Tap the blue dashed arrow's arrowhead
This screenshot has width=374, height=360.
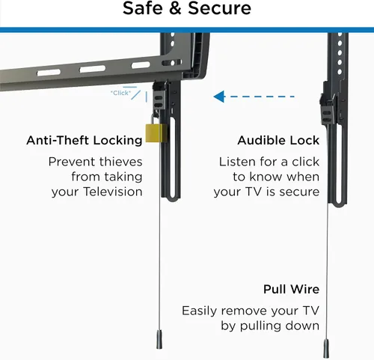point(220,97)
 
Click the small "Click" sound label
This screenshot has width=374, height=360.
point(120,93)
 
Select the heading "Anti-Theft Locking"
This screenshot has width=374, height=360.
point(85,140)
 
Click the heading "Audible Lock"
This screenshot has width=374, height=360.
point(278,140)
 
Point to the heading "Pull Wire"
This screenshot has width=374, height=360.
point(291,290)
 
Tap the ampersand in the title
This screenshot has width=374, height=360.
point(175,8)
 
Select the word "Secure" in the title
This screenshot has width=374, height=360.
point(219,8)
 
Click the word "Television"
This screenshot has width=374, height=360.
point(113,192)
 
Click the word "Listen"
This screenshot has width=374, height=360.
point(238,162)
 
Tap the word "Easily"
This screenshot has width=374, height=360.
point(199,311)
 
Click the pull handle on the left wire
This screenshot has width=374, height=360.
point(159,339)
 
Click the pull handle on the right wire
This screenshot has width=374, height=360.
point(326,348)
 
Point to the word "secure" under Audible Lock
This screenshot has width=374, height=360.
point(299,192)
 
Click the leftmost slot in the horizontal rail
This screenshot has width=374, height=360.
point(49,73)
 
